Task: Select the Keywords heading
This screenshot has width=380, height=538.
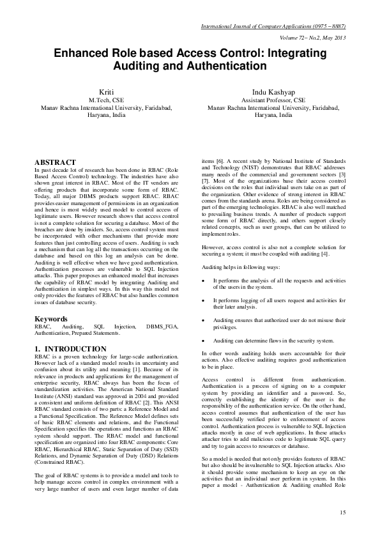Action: tap(51, 318)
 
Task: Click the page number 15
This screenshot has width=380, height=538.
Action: tap(342, 512)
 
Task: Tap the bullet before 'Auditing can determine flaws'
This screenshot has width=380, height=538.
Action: tap(203, 341)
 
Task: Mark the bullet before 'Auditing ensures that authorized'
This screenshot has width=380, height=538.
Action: tap(203, 319)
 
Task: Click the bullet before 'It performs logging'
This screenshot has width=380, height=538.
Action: tap(203, 300)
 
